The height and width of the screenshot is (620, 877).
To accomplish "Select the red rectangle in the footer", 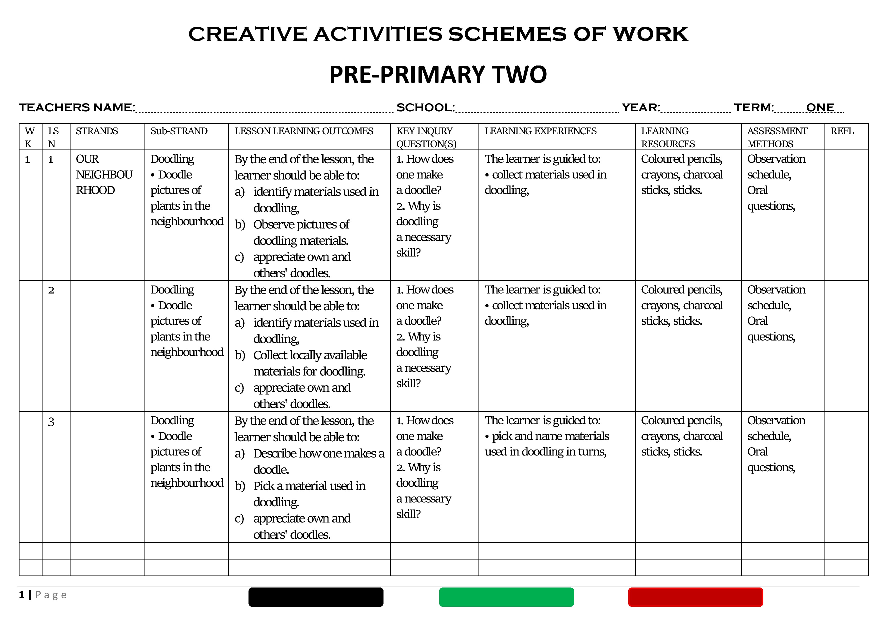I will pos(695,597).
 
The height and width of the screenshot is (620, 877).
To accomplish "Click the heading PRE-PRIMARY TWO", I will pos(438,74).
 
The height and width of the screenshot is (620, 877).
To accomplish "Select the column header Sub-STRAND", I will pos(179,131).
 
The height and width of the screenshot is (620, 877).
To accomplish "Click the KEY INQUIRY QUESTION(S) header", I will pos(426,137).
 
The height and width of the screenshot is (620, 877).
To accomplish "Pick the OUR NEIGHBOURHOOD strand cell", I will pos(104,174).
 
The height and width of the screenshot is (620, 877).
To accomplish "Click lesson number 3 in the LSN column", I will pos(51,422).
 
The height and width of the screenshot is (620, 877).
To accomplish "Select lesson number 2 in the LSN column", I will pos(51,290).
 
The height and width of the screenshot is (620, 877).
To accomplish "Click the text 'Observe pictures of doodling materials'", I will pos(301,232).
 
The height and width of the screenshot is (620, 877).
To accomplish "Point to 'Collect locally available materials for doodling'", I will pos(309,363).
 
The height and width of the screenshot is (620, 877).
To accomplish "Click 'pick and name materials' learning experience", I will pos(550,436).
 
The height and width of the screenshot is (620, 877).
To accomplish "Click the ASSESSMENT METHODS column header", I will pos(777,137).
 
